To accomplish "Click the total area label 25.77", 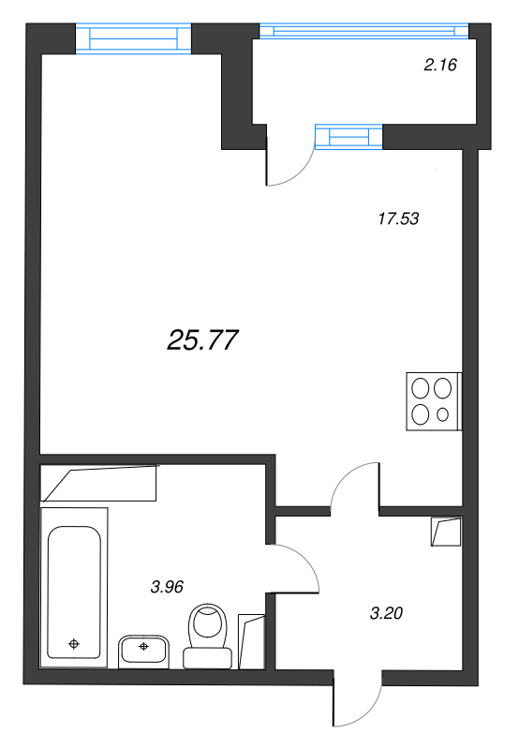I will tap(203, 341).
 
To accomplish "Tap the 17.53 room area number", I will tap(397, 219).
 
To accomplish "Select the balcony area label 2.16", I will tap(439, 66).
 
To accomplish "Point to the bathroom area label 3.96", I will tap(167, 587).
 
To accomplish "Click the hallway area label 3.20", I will tap(388, 614).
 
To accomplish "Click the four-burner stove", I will tap(433, 401).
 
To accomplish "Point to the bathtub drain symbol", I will tap(74, 644).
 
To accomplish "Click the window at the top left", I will tap(132, 38).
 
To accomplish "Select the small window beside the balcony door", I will tap(350, 138).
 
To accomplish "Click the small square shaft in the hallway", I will tap(446, 532).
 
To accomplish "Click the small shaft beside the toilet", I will tap(252, 641).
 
